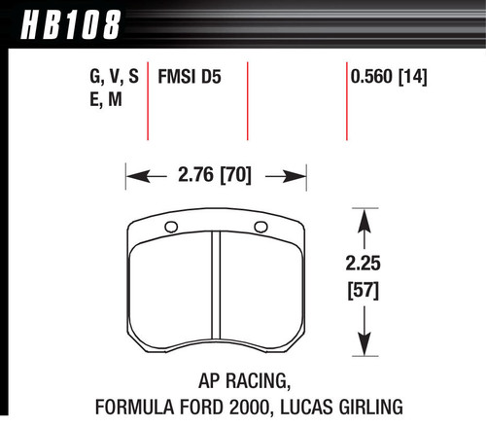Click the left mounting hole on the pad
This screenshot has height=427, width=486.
(171, 229)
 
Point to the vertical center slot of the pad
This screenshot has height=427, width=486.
(216, 286)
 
